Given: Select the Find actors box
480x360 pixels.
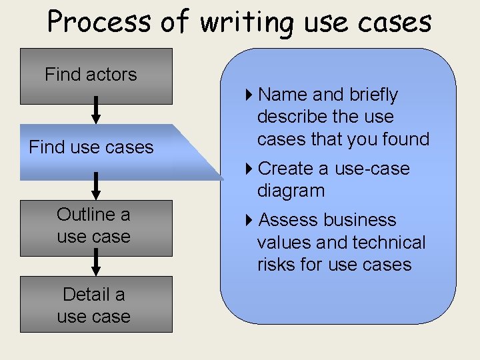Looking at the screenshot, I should coord(96,75).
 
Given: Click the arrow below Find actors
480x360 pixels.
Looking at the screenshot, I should coord(96,110).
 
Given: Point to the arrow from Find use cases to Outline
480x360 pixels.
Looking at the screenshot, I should coord(96,187).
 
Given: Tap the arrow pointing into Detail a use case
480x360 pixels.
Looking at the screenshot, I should coord(96,263).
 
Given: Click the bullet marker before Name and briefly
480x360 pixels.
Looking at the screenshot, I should coord(249,95).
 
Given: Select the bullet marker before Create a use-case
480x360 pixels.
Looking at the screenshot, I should coord(249,169).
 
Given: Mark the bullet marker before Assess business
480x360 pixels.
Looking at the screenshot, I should coord(249,220).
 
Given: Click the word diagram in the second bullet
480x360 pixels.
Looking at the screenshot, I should coord(291,191).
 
